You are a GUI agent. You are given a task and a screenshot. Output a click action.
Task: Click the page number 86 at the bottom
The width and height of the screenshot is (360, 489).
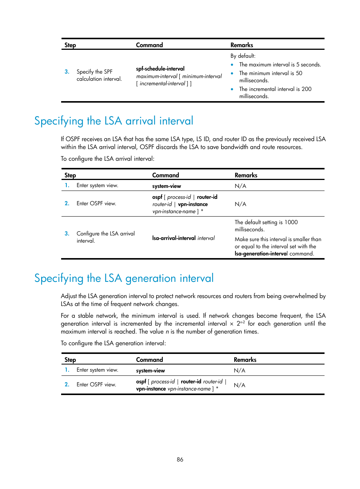180,459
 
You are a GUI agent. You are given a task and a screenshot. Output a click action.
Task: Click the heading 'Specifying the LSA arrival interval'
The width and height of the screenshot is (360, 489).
114,121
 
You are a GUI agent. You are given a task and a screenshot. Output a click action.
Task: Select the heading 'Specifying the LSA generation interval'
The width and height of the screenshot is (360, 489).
124,278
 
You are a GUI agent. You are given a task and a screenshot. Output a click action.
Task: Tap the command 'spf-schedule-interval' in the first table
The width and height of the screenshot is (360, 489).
160,69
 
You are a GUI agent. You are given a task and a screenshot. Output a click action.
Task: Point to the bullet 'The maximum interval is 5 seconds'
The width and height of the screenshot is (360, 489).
280,65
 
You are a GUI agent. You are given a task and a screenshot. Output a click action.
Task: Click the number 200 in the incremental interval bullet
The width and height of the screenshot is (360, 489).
306,89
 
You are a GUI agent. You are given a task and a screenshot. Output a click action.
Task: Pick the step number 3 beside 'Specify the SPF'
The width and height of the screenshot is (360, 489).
67,72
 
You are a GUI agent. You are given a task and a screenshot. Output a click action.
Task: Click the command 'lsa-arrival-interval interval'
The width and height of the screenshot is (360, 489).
183,238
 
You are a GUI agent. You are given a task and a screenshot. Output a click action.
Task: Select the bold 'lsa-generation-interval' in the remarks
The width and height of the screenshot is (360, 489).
260,254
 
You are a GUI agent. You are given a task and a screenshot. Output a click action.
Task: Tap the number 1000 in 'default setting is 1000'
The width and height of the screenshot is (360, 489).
291,222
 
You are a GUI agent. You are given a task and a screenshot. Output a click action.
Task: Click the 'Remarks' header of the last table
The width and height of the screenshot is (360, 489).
245,360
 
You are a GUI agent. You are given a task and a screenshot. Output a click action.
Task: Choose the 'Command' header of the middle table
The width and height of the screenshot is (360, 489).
165,175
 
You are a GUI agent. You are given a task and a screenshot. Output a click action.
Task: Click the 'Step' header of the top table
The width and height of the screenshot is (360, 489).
70,45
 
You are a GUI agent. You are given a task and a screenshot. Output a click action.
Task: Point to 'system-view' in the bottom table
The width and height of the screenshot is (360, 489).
150,371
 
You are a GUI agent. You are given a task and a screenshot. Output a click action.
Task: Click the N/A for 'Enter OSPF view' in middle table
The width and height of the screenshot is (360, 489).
240,204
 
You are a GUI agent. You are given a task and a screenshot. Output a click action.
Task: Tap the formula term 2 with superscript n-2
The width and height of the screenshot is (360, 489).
240,323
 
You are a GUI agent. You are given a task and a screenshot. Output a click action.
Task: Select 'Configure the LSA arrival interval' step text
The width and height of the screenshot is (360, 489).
105,237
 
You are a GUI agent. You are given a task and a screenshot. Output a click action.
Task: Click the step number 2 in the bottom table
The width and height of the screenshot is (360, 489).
67,384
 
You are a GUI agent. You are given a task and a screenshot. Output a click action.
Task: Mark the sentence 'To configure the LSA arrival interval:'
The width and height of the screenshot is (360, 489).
108,159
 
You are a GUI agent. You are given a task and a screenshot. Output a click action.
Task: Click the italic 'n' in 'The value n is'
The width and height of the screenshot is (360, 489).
167,332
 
